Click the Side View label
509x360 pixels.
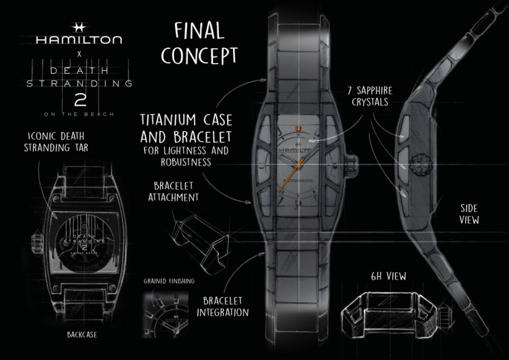tap(469, 214)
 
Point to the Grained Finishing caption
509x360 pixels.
tap(169, 281)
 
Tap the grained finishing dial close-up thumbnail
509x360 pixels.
tap(164, 312)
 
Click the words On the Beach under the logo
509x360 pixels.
tap(78, 114)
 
